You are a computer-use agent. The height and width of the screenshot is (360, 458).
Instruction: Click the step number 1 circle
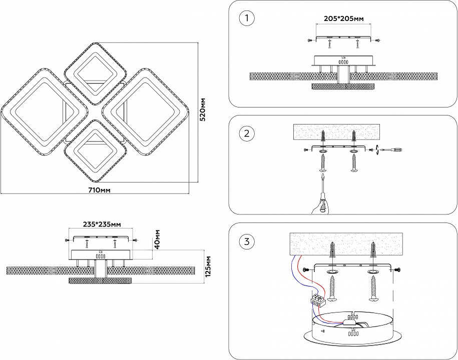tap(247, 19)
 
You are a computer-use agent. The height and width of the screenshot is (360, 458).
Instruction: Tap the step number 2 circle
tap(247, 133)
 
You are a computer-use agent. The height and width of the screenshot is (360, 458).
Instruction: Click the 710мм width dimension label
tap(99, 190)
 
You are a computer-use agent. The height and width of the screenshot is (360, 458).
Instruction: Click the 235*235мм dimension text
tap(101, 224)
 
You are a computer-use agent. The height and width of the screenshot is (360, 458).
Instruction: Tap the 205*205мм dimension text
tap(343, 19)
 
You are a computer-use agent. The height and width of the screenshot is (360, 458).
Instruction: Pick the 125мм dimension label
tap(209, 266)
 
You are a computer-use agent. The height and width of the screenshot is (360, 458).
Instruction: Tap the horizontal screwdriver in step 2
tap(390, 149)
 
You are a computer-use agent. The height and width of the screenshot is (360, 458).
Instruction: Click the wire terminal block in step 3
tap(317, 300)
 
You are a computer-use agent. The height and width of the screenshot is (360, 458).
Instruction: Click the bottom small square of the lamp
tap(94, 151)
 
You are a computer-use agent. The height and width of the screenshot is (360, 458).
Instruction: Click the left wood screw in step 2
tap(323, 163)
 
